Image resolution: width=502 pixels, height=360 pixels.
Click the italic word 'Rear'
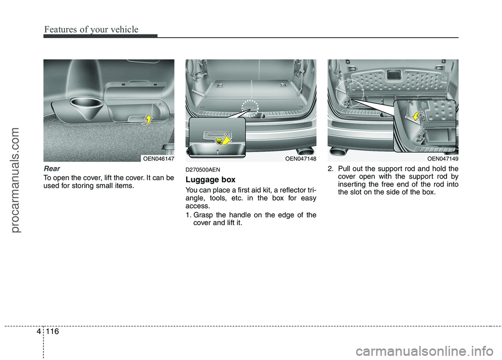(x=52, y=169)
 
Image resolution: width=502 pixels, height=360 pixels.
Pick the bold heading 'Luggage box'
(x=211, y=179)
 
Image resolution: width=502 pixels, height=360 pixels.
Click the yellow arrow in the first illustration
(x=149, y=121)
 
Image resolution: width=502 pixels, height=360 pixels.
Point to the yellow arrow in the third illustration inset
(x=417, y=115)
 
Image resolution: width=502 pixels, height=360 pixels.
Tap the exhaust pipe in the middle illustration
(x=304, y=152)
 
